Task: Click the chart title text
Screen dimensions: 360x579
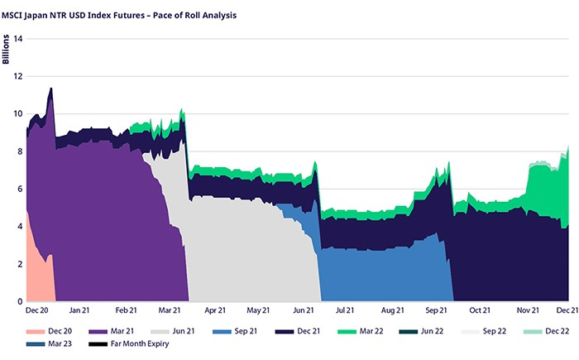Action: pyautogui.click(x=119, y=14)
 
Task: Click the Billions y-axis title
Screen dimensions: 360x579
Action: pyautogui.click(x=7, y=50)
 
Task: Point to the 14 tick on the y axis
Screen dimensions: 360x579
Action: pyautogui.click(x=17, y=39)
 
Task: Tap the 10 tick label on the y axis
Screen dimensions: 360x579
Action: pyautogui.click(x=17, y=114)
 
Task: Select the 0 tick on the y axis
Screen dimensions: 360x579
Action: pyautogui.click(x=20, y=302)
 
